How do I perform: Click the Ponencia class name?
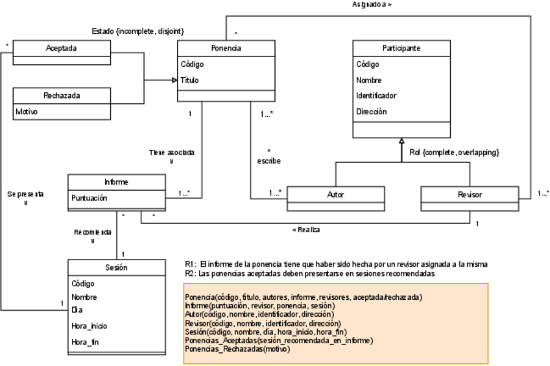coord(226,48)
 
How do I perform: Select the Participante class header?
coord(401,48)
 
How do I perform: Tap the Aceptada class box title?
coord(62,48)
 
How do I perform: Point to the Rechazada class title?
coord(62,95)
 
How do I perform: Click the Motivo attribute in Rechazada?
coord(27,112)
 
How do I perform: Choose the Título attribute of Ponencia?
coord(190,80)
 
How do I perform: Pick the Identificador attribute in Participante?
coord(376,96)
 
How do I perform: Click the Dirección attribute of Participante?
coord(372,112)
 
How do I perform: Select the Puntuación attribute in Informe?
coord(89,198)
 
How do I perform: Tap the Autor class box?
coord(335,194)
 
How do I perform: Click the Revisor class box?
coord(470,194)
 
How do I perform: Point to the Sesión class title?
coord(117,267)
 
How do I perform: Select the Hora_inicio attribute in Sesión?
coord(89,326)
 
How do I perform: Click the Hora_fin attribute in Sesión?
coord(85,341)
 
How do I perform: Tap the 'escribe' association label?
coord(269,161)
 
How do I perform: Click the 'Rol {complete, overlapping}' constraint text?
coord(454,152)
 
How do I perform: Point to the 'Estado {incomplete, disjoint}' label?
coord(138,31)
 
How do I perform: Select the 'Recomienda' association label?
coord(93,232)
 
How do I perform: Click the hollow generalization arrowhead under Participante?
coord(401,141)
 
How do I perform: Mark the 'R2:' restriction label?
coord(190,273)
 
